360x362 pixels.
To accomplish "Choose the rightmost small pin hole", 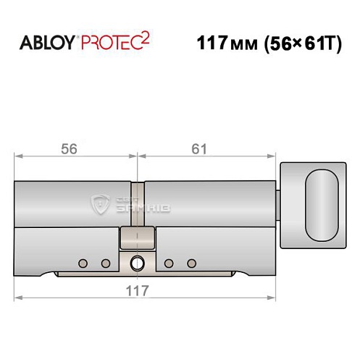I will pos(191,262).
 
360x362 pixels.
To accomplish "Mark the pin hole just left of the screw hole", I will pos(106,262).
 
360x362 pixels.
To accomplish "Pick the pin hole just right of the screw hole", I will pos(169,262).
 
